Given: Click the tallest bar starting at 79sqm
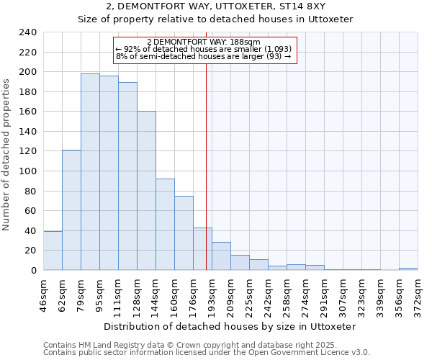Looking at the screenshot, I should coord(90,172).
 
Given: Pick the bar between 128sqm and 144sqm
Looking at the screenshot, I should coord(146,191).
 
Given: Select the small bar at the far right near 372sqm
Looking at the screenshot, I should coord(408,269).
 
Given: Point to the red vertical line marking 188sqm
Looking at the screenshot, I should coord(207,166).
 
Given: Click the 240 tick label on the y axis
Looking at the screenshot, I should coord(28,32).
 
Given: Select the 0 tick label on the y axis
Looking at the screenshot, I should coord(33,271).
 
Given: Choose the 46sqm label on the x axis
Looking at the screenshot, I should coord(43,294).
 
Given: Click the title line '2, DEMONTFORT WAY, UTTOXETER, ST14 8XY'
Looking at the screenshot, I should coord(215,6).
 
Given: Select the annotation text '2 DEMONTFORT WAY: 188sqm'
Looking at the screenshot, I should coord(204,42).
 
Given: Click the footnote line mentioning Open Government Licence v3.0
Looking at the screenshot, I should coord(207,353).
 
